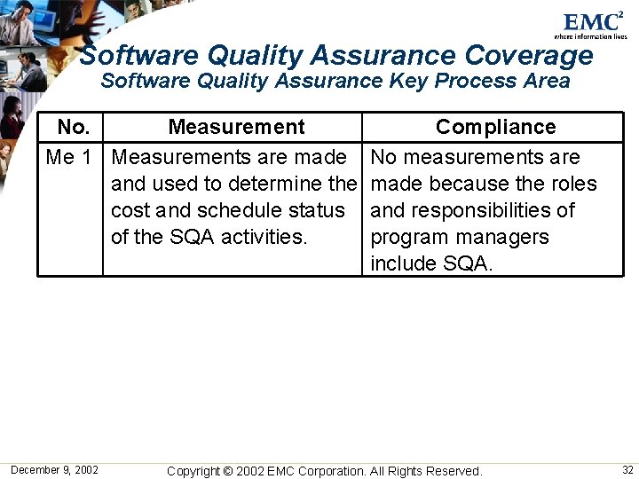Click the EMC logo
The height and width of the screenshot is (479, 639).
coord(593,23)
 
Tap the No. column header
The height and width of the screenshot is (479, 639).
coord(73,128)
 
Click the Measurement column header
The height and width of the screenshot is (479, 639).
coord(236,128)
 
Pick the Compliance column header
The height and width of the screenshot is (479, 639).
coord(495,128)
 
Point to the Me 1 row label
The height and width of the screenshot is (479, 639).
coord(69,158)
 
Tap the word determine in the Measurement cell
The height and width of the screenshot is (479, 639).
coord(276,185)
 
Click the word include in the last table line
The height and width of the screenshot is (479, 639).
coord(401,264)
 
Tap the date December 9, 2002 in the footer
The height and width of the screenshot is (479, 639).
coord(55,470)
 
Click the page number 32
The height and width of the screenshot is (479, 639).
coord(627,470)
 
